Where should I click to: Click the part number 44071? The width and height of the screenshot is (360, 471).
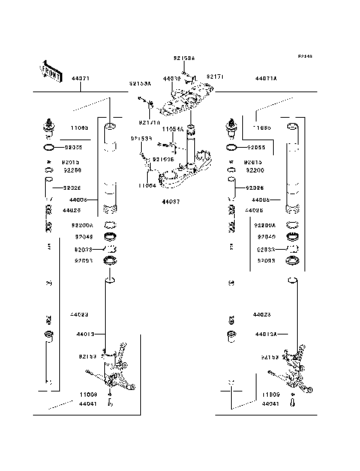81,79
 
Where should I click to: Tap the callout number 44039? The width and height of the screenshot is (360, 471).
172,78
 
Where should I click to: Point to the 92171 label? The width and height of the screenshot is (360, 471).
215,77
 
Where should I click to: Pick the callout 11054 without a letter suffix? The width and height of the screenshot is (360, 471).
147,184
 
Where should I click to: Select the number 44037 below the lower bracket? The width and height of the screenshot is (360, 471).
171,202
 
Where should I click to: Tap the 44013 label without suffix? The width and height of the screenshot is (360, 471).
84,334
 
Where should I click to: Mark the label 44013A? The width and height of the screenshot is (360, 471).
265,334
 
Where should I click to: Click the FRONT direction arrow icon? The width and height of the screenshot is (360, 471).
49,70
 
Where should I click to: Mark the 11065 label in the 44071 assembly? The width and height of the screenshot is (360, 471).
79,128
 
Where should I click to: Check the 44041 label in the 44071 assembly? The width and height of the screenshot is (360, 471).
85,403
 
